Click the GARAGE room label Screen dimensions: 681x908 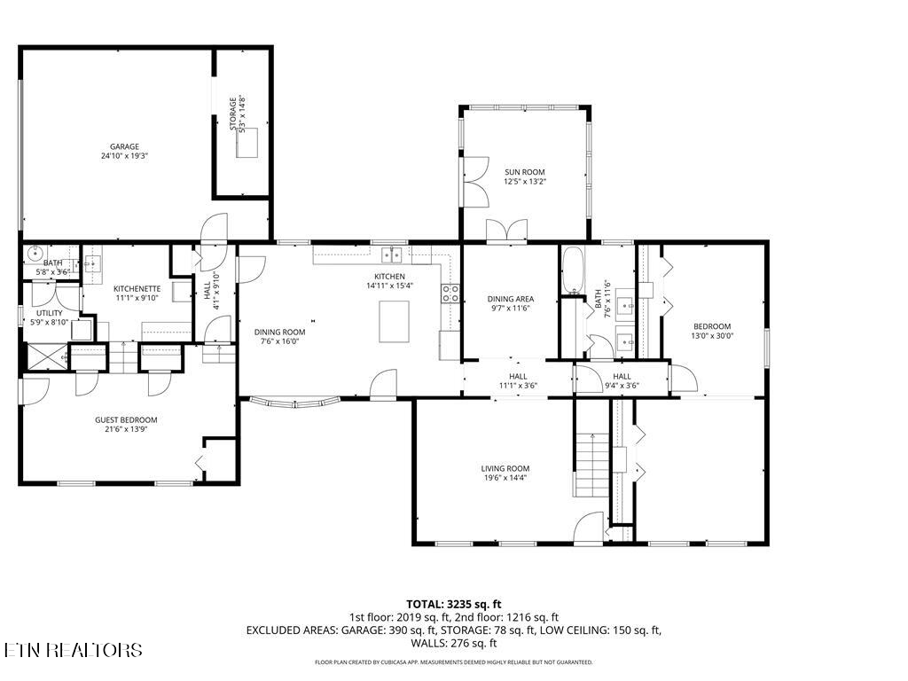[x=124, y=146]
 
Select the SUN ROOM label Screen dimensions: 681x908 [x=524, y=172]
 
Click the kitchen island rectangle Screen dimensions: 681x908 [x=395, y=321]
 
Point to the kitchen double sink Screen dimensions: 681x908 [x=392, y=255]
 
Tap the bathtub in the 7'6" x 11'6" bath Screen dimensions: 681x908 [x=573, y=270]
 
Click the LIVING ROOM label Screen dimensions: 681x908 [x=505, y=468]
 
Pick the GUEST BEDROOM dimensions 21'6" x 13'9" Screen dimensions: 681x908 [x=126, y=429]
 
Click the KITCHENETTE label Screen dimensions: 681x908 [x=137, y=288]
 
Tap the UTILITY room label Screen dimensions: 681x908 [x=48, y=313]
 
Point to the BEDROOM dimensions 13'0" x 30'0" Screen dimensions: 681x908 [x=712, y=335]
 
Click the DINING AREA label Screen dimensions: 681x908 [x=511, y=299]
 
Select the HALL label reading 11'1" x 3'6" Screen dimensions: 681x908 [x=518, y=385]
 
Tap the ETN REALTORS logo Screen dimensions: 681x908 [x=73, y=650]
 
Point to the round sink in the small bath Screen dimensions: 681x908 [x=35, y=251]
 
